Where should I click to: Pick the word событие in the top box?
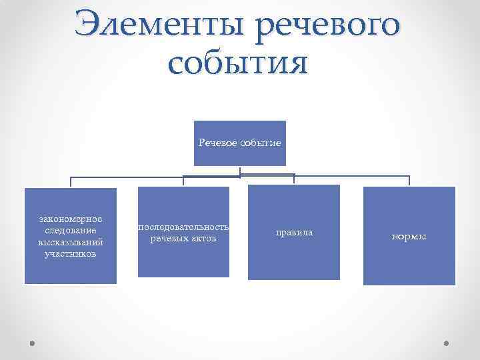(x=261, y=143)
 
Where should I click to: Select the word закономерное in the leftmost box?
(x=71, y=219)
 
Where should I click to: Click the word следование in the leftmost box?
(x=71, y=231)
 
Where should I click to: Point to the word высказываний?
(x=71, y=242)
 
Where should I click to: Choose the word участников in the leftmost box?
(x=71, y=253)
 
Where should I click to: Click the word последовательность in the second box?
(x=184, y=227)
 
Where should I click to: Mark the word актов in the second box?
(x=204, y=239)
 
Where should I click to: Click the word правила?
(x=294, y=233)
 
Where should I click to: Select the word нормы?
(x=409, y=237)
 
